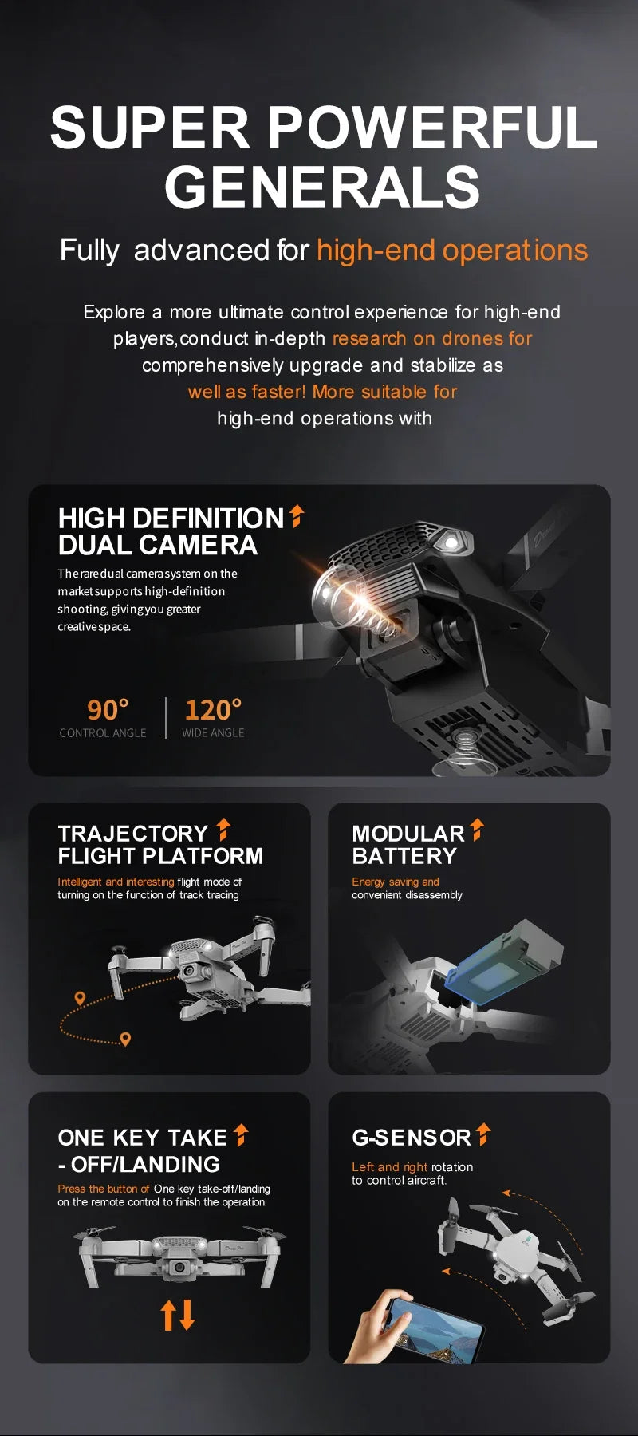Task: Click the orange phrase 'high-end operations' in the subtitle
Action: tap(451, 251)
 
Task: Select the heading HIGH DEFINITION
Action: tap(171, 519)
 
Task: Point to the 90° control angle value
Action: tap(108, 709)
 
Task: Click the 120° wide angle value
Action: tap(213, 709)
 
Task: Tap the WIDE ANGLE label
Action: tap(213, 733)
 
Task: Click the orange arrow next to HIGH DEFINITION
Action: tap(297, 516)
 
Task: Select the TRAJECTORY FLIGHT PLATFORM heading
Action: tap(159, 845)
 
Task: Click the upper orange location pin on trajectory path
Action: tap(80, 998)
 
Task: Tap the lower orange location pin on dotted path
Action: tap(125, 1038)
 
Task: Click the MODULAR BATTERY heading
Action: tap(407, 845)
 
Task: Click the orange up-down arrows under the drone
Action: tap(178, 1314)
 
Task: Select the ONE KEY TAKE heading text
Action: tap(143, 1138)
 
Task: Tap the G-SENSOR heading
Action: tap(412, 1138)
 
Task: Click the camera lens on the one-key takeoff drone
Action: tap(180, 1267)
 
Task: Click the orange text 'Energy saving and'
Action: tap(396, 882)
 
